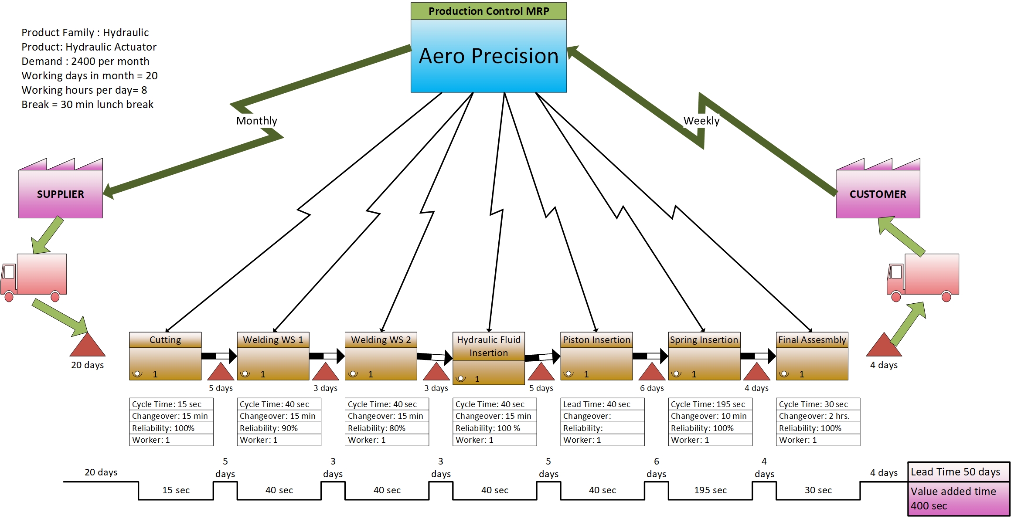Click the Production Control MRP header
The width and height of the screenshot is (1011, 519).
488,11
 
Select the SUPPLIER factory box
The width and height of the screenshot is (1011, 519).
60,194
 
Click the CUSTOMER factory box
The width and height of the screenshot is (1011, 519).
877,194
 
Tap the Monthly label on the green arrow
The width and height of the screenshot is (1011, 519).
256,121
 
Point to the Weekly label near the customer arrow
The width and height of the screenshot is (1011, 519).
701,121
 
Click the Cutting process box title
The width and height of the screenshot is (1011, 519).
165,339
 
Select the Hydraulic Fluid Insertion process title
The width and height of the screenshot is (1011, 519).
488,346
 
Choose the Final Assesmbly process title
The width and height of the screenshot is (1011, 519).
812,339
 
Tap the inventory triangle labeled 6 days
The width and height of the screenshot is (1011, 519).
652,373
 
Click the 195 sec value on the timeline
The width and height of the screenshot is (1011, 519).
710,490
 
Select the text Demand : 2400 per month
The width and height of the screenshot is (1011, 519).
85,61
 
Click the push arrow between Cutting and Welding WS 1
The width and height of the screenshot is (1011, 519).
219,356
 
